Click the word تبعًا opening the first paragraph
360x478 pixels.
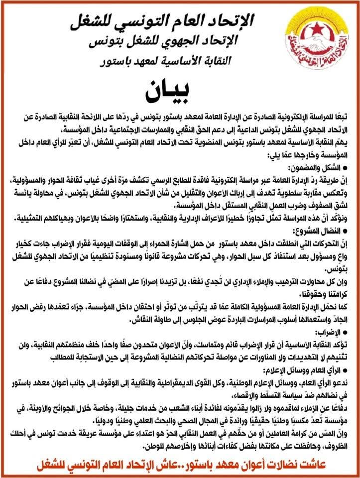(x=342, y=115)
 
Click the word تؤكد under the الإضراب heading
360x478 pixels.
(x=341, y=343)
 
